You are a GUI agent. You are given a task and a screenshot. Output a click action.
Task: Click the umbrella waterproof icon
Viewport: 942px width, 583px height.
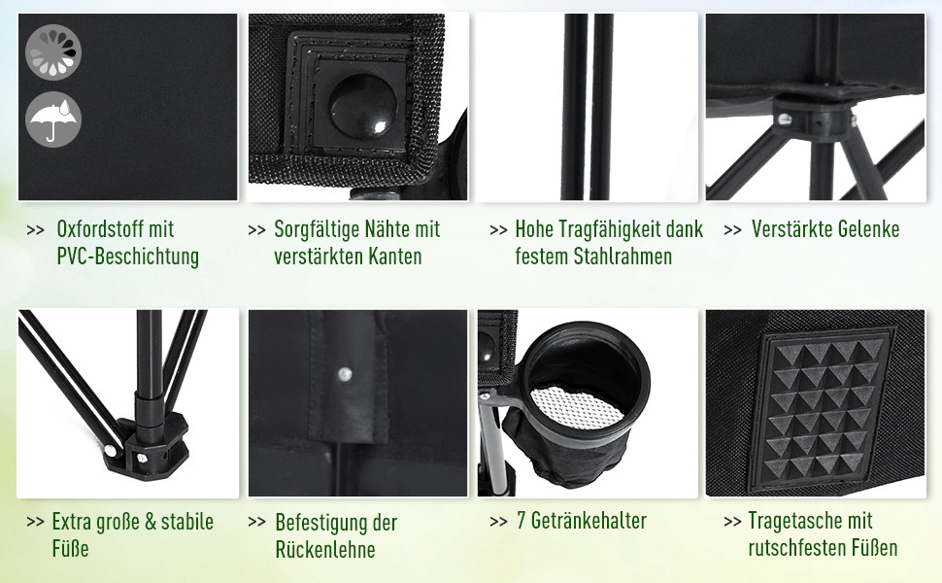click(53, 119)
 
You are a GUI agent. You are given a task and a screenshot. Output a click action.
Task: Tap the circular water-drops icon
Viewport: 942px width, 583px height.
click(53, 51)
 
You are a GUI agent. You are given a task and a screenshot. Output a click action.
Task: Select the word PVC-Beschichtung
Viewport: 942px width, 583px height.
click(128, 257)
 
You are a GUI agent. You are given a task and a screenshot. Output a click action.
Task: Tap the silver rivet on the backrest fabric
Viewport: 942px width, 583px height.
click(344, 374)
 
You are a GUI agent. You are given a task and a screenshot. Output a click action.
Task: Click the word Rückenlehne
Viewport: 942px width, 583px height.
click(325, 549)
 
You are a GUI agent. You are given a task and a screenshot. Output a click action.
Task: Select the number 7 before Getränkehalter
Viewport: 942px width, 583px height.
click(521, 521)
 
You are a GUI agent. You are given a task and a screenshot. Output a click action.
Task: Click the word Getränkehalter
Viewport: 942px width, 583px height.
click(589, 521)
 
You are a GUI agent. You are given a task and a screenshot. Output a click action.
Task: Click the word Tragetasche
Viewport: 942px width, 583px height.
click(794, 521)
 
